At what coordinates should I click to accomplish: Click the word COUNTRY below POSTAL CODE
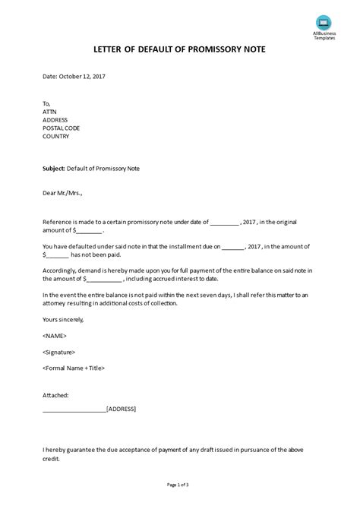pyautogui.click(x=57, y=137)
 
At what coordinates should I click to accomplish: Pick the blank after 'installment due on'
pyautogui.click(x=235, y=247)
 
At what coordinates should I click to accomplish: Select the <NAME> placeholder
pyautogui.click(x=55, y=336)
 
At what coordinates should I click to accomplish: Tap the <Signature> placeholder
pyautogui.click(x=61, y=352)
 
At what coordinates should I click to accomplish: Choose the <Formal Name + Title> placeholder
pyautogui.click(x=74, y=368)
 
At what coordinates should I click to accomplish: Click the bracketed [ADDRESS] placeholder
pyautogui.click(x=122, y=409)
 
